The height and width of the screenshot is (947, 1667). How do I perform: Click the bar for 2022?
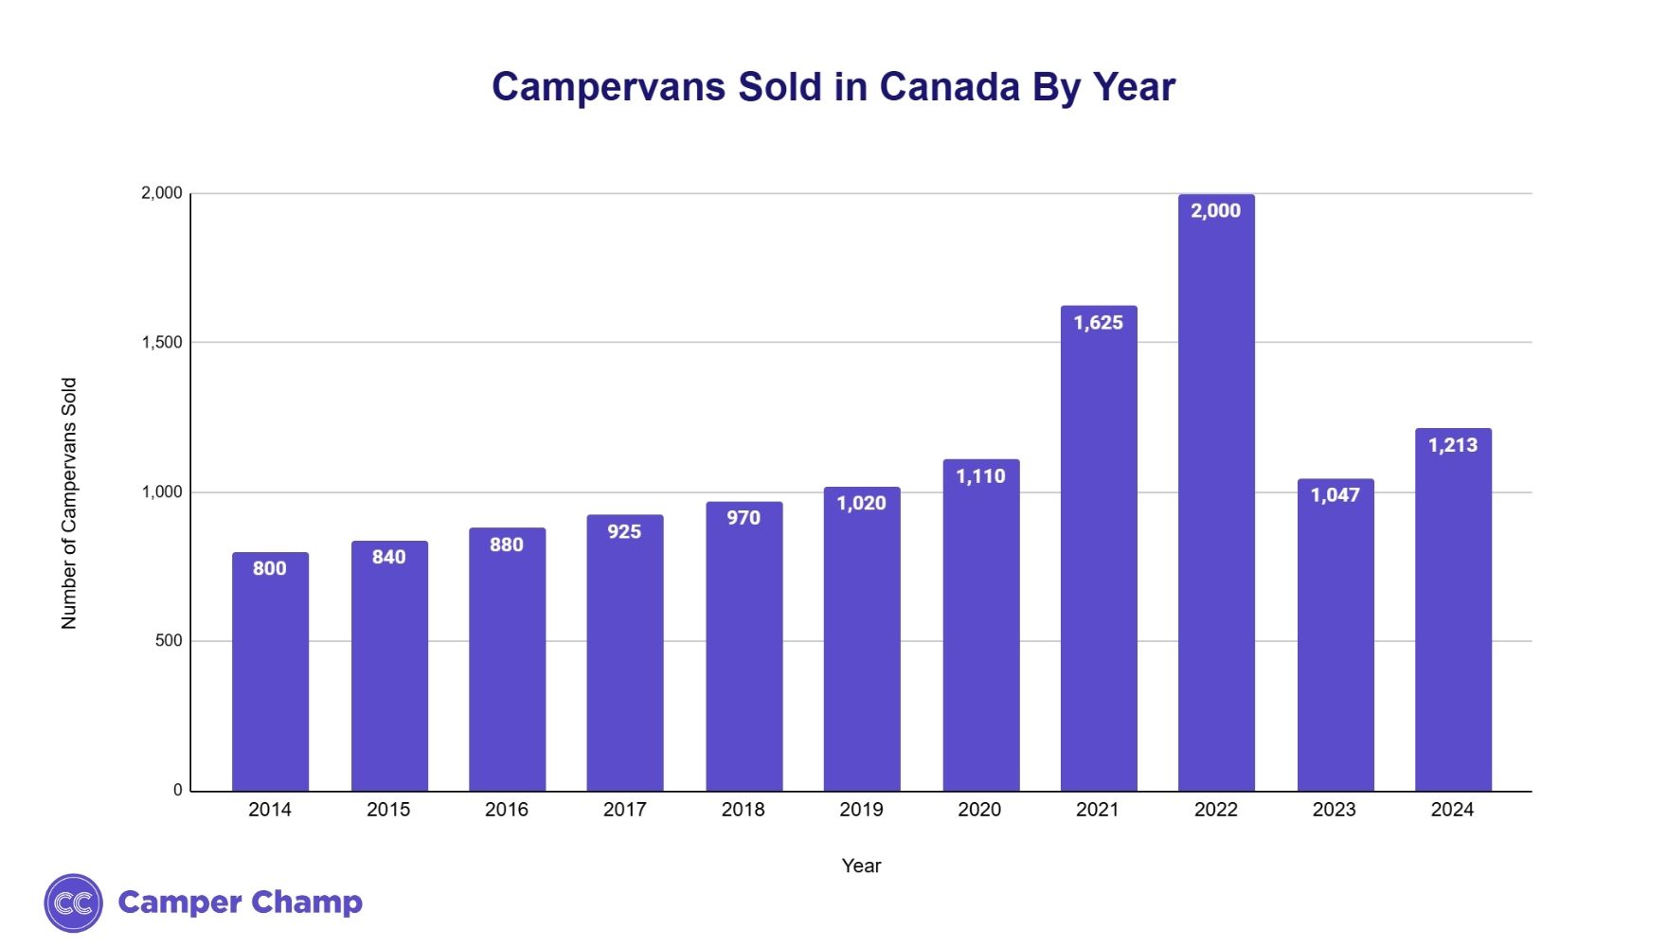point(1216,492)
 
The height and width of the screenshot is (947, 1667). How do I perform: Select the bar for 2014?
point(270,672)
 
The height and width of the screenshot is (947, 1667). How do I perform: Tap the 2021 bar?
point(1099,549)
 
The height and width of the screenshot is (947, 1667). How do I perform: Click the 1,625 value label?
point(1099,323)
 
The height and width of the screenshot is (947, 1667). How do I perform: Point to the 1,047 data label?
point(1335,495)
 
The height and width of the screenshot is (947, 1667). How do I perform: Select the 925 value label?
point(624,532)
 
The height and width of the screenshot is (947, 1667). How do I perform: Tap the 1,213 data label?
point(1453,445)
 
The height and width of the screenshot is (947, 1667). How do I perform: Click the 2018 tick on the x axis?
point(743,810)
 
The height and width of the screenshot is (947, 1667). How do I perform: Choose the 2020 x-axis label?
point(979,810)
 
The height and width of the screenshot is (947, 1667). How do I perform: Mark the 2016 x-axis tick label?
point(507,810)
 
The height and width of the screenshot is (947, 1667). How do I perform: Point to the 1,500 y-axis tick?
point(162,343)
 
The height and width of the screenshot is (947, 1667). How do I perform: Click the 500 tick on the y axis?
point(169,641)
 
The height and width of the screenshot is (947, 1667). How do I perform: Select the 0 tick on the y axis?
point(178,791)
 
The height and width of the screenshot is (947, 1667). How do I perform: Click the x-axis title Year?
point(861,866)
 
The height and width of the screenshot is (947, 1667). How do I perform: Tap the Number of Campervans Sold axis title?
point(69,504)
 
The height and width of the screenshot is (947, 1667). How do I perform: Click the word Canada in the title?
point(949,87)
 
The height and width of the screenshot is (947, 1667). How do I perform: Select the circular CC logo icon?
point(74,903)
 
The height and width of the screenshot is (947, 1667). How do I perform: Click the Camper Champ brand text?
point(240,902)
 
